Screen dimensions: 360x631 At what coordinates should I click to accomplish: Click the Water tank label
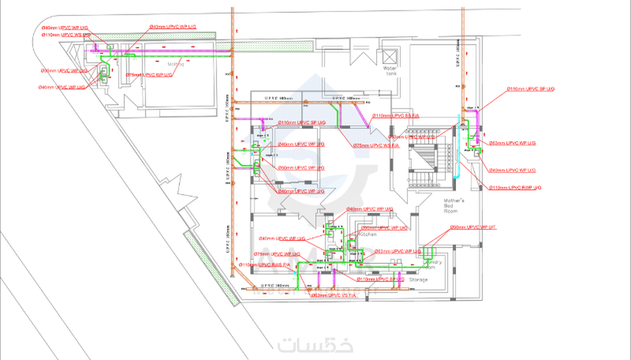(390, 71)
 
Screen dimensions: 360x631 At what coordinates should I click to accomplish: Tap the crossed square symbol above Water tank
(389, 57)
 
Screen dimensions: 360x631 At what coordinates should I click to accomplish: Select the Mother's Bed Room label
(453, 206)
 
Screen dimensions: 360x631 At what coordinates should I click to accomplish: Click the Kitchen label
(367, 234)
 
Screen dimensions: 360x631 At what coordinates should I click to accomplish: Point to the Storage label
(418, 279)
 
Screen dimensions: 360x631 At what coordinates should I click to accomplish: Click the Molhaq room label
(176, 64)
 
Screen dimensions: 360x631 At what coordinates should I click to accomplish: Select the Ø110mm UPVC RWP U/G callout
(515, 188)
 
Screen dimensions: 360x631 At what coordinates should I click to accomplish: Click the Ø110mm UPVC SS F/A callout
(396, 116)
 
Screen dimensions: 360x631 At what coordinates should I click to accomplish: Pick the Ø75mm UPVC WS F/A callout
(376, 145)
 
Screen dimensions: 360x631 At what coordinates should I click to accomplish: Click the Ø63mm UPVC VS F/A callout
(334, 295)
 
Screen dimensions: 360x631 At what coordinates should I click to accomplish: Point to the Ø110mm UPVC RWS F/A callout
(265, 265)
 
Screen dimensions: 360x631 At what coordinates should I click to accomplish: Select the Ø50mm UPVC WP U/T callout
(473, 227)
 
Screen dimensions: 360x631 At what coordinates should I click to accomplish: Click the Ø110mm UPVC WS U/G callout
(66, 35)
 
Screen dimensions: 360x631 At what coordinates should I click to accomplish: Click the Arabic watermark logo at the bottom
(315, 346)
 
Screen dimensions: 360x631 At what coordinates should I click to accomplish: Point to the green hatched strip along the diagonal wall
(212, 267)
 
